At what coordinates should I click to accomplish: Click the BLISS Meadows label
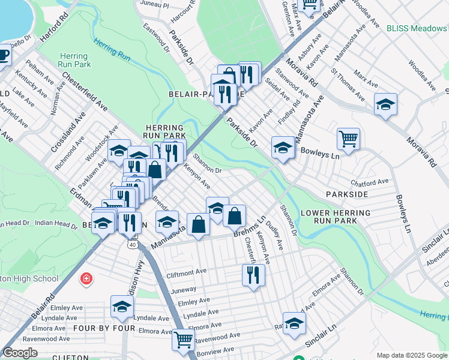click(x=416, y=28)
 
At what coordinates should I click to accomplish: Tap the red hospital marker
click(x=86, y=279)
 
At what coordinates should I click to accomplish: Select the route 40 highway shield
click(x=132, y=245)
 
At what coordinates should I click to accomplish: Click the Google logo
click(x=20, y=353)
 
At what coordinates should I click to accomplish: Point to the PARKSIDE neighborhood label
click(x=346, y=195)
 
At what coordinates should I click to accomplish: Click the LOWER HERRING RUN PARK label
click(x=328, y=217)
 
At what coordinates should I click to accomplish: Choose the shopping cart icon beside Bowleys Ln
click(x=348, y=139)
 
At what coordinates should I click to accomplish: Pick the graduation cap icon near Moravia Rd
click(x=385, y=104)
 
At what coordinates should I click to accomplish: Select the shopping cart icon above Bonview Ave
click(x=183, y=339)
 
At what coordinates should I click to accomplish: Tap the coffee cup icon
click(x=3, y=55)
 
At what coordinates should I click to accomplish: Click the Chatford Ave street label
click(x=370, y=182)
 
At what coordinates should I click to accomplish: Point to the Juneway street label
click(x=184, y=289)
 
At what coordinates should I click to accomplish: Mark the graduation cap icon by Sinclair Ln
click(x=294, y=322)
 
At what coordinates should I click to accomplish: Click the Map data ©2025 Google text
click(x=411, y=355)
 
